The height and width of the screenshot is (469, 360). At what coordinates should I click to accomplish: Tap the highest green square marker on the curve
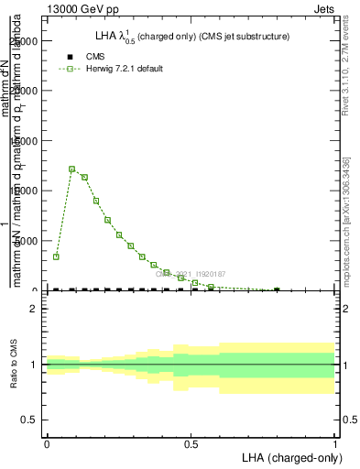coord(72,169)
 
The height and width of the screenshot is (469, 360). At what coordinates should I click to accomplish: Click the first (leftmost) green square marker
coord(56,256)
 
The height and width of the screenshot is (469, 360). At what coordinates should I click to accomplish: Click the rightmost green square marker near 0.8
coord(277,289)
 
